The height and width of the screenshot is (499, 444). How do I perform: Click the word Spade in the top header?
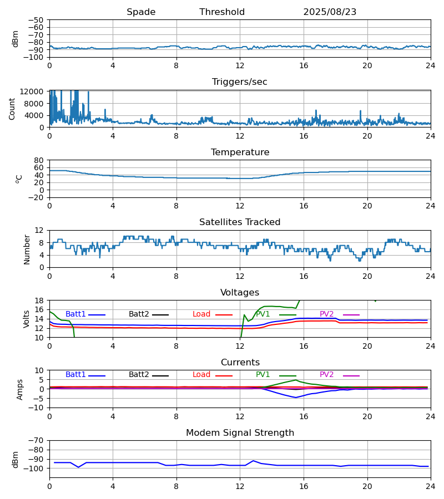coord(141,12)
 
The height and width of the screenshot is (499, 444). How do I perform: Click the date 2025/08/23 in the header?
coord(330,12)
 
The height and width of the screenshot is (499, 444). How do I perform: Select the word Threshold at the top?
coord(222,12)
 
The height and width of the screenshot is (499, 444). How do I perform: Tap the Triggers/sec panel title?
coord(240,82)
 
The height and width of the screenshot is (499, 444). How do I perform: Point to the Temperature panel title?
coord(240,152)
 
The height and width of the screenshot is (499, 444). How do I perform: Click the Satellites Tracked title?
coord(240,222)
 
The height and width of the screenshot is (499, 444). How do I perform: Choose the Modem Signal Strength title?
coord(240,433)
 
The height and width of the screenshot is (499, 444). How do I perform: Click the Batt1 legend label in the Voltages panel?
coord(75,314)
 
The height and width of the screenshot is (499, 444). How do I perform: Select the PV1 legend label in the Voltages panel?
coord(263,314)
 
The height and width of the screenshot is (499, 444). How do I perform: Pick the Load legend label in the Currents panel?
coord(201,375)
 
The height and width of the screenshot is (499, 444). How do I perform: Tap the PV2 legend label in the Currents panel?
coord(327,375)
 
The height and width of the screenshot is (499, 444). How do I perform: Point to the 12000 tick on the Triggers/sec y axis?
coord(34,91)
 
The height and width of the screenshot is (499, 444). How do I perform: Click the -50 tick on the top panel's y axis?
coord(37,20)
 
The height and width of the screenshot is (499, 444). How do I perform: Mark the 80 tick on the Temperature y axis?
coord(39,160)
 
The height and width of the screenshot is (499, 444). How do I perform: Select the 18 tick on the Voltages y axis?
coord(39,301)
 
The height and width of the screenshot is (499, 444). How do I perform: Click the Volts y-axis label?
coord(27,319)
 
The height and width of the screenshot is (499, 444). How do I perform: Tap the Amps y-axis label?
coord(21,389)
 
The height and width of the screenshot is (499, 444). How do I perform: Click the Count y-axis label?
coord(12,109)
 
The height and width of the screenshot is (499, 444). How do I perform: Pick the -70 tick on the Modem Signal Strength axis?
coord(37,440)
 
